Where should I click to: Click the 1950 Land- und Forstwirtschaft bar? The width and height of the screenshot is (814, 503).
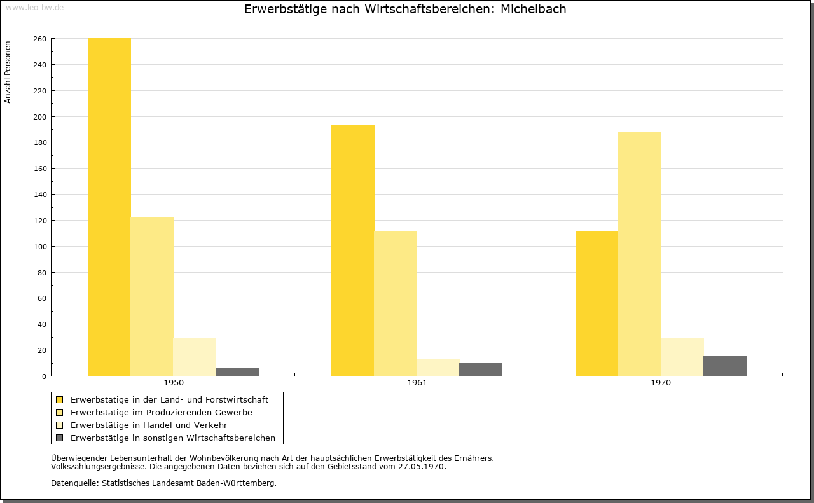tap(109, 207)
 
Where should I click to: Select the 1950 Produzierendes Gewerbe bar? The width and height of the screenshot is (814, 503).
tap(152, 296)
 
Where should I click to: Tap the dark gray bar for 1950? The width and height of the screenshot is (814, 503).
tap(237, 372)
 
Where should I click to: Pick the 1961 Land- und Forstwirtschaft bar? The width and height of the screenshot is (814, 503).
tap(353, 251)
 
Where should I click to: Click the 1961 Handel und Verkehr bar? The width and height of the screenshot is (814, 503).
tap(438, 368)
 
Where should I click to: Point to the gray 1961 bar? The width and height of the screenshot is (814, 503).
tap(481, 369)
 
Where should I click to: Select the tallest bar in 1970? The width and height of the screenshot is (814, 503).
tap(640, 254)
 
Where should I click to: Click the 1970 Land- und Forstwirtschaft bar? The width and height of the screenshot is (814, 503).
tap(597, 304)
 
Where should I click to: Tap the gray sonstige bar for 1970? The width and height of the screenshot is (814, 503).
tap(725, 366)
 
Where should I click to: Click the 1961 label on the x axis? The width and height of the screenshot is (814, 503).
tap(417, 383)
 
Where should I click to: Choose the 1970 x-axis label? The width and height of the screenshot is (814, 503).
tap(661, 383)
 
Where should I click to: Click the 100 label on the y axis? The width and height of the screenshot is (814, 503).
tap(40, 247)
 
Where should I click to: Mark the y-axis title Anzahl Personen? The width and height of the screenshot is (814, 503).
tap(8, 72)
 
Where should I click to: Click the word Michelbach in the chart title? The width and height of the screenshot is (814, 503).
tap(533, 9)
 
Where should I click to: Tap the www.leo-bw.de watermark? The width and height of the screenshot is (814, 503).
tap(34, 7)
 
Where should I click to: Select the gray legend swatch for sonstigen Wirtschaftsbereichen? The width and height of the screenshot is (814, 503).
tap(59, 438)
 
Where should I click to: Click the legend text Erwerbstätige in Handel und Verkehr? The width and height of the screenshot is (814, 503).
tap(149, 425)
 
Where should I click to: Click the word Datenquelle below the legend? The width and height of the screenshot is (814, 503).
tap(74, 483)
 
